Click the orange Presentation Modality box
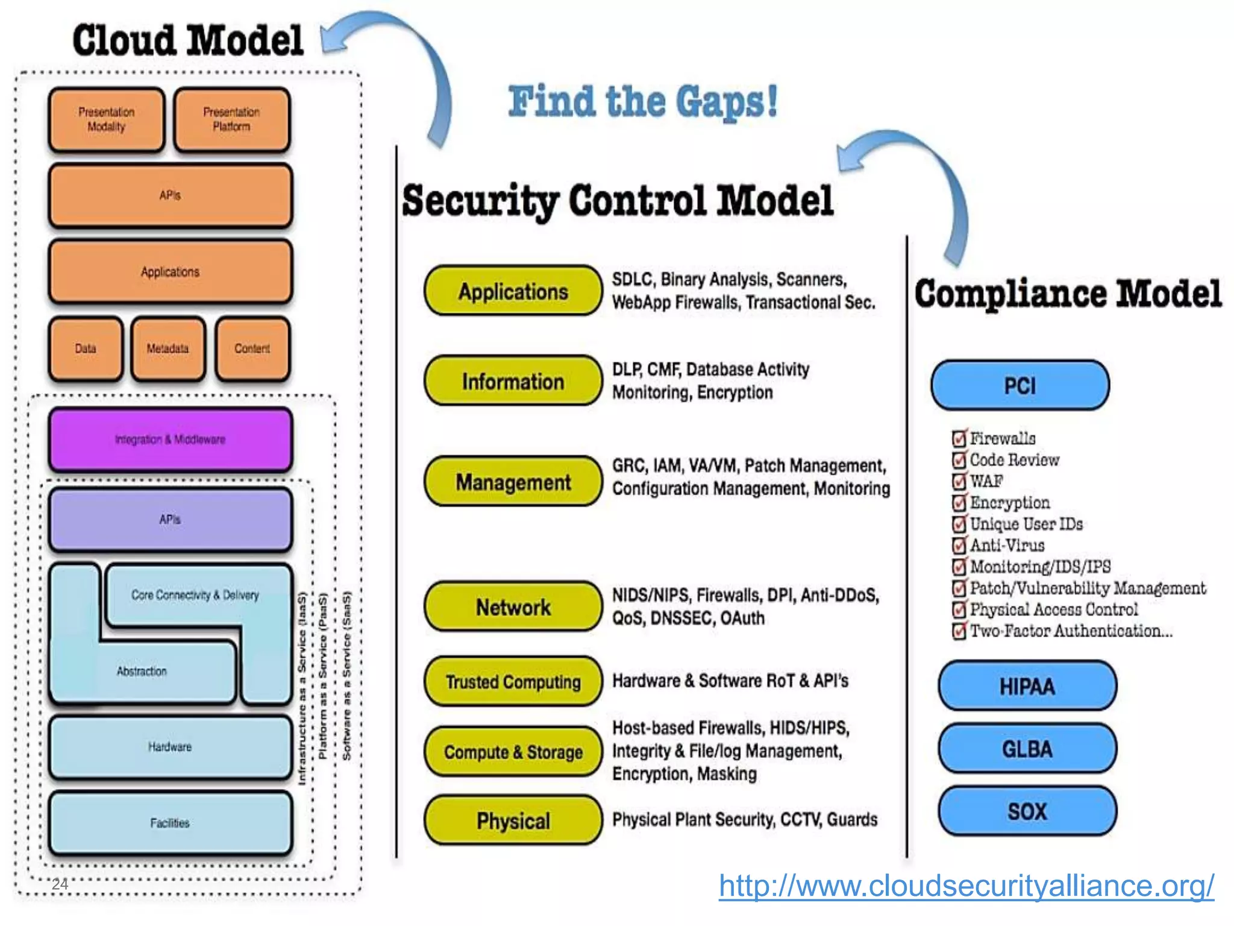tap(106, 119)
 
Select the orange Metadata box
tap(168, 349)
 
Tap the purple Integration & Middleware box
tap(171, 439)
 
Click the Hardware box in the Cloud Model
tap(171, 747)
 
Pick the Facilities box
tap(171, 823)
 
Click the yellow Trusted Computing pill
tap(513, 682)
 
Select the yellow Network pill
tap(513, 607)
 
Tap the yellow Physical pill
tap(513, 820)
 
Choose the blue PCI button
tap(1019, 385)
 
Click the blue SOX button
tap(1027, 811)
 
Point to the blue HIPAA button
tap(1027, 686)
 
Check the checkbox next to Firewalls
tap(959, 438)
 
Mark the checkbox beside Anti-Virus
tap(959, 546)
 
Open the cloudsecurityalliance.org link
tap(966, 886)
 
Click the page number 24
tap(60, 884)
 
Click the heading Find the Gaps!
tap(642, 101)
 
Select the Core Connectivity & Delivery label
tap(195, 595)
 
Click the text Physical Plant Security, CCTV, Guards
tap(745, 820)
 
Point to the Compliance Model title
tap(1068, 294)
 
